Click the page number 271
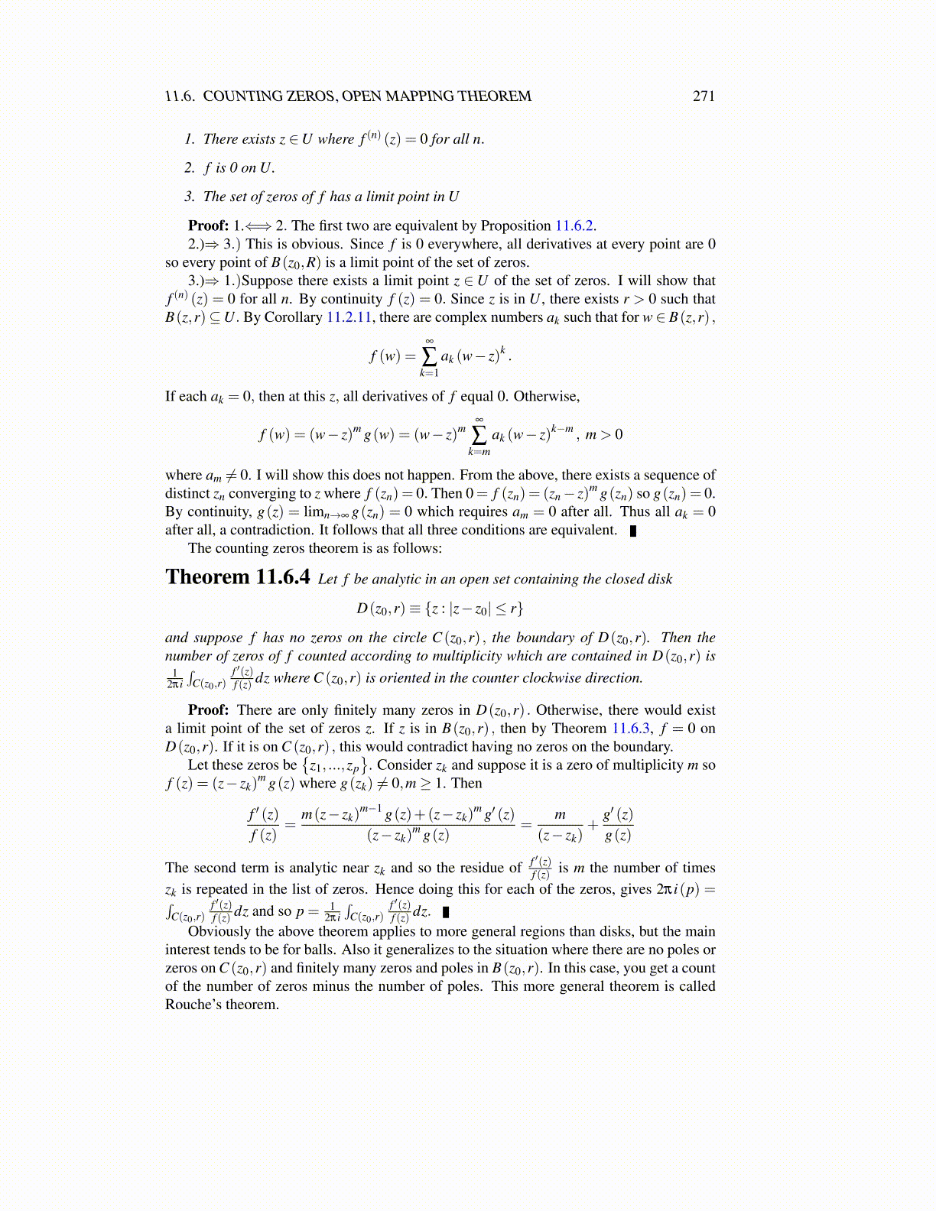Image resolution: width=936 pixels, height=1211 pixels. click(703, 96)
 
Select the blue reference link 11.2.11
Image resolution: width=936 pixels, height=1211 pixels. click(349, 317)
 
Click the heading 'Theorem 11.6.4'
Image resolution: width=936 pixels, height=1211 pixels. click(238, 577)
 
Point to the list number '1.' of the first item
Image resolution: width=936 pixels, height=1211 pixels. click(190, 139)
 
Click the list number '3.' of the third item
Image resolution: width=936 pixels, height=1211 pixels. click(190, 196)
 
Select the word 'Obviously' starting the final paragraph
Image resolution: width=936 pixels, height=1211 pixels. click(219, 931)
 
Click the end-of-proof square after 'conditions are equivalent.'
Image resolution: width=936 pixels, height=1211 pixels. click(633, 531)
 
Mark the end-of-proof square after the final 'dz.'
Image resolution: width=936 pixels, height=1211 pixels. click(446, 912)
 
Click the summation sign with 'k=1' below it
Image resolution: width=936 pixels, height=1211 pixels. click(429, 356)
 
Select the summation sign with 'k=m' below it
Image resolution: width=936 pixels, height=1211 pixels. click(479, 434)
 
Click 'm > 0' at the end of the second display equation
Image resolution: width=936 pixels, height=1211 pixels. click(603, 435)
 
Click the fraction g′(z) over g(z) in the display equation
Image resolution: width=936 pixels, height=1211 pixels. click(618, 825)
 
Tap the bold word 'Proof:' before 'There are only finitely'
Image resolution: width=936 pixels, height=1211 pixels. click(208, 710)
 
